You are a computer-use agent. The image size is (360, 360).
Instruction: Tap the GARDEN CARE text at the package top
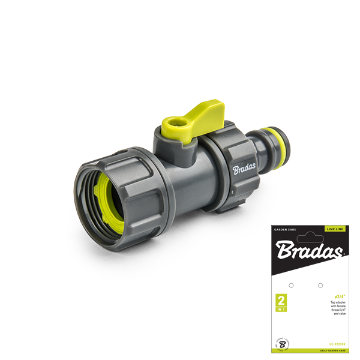pyautogui.click(x=284, y=229)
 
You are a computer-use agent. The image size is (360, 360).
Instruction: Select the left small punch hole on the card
pyautogui.click(x=291, y=285)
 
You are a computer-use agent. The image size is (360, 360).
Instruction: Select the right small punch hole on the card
pyautogui.click(x=320, y=285)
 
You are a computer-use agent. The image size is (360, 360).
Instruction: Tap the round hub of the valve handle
pyautogui.click(x=170, y=128)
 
